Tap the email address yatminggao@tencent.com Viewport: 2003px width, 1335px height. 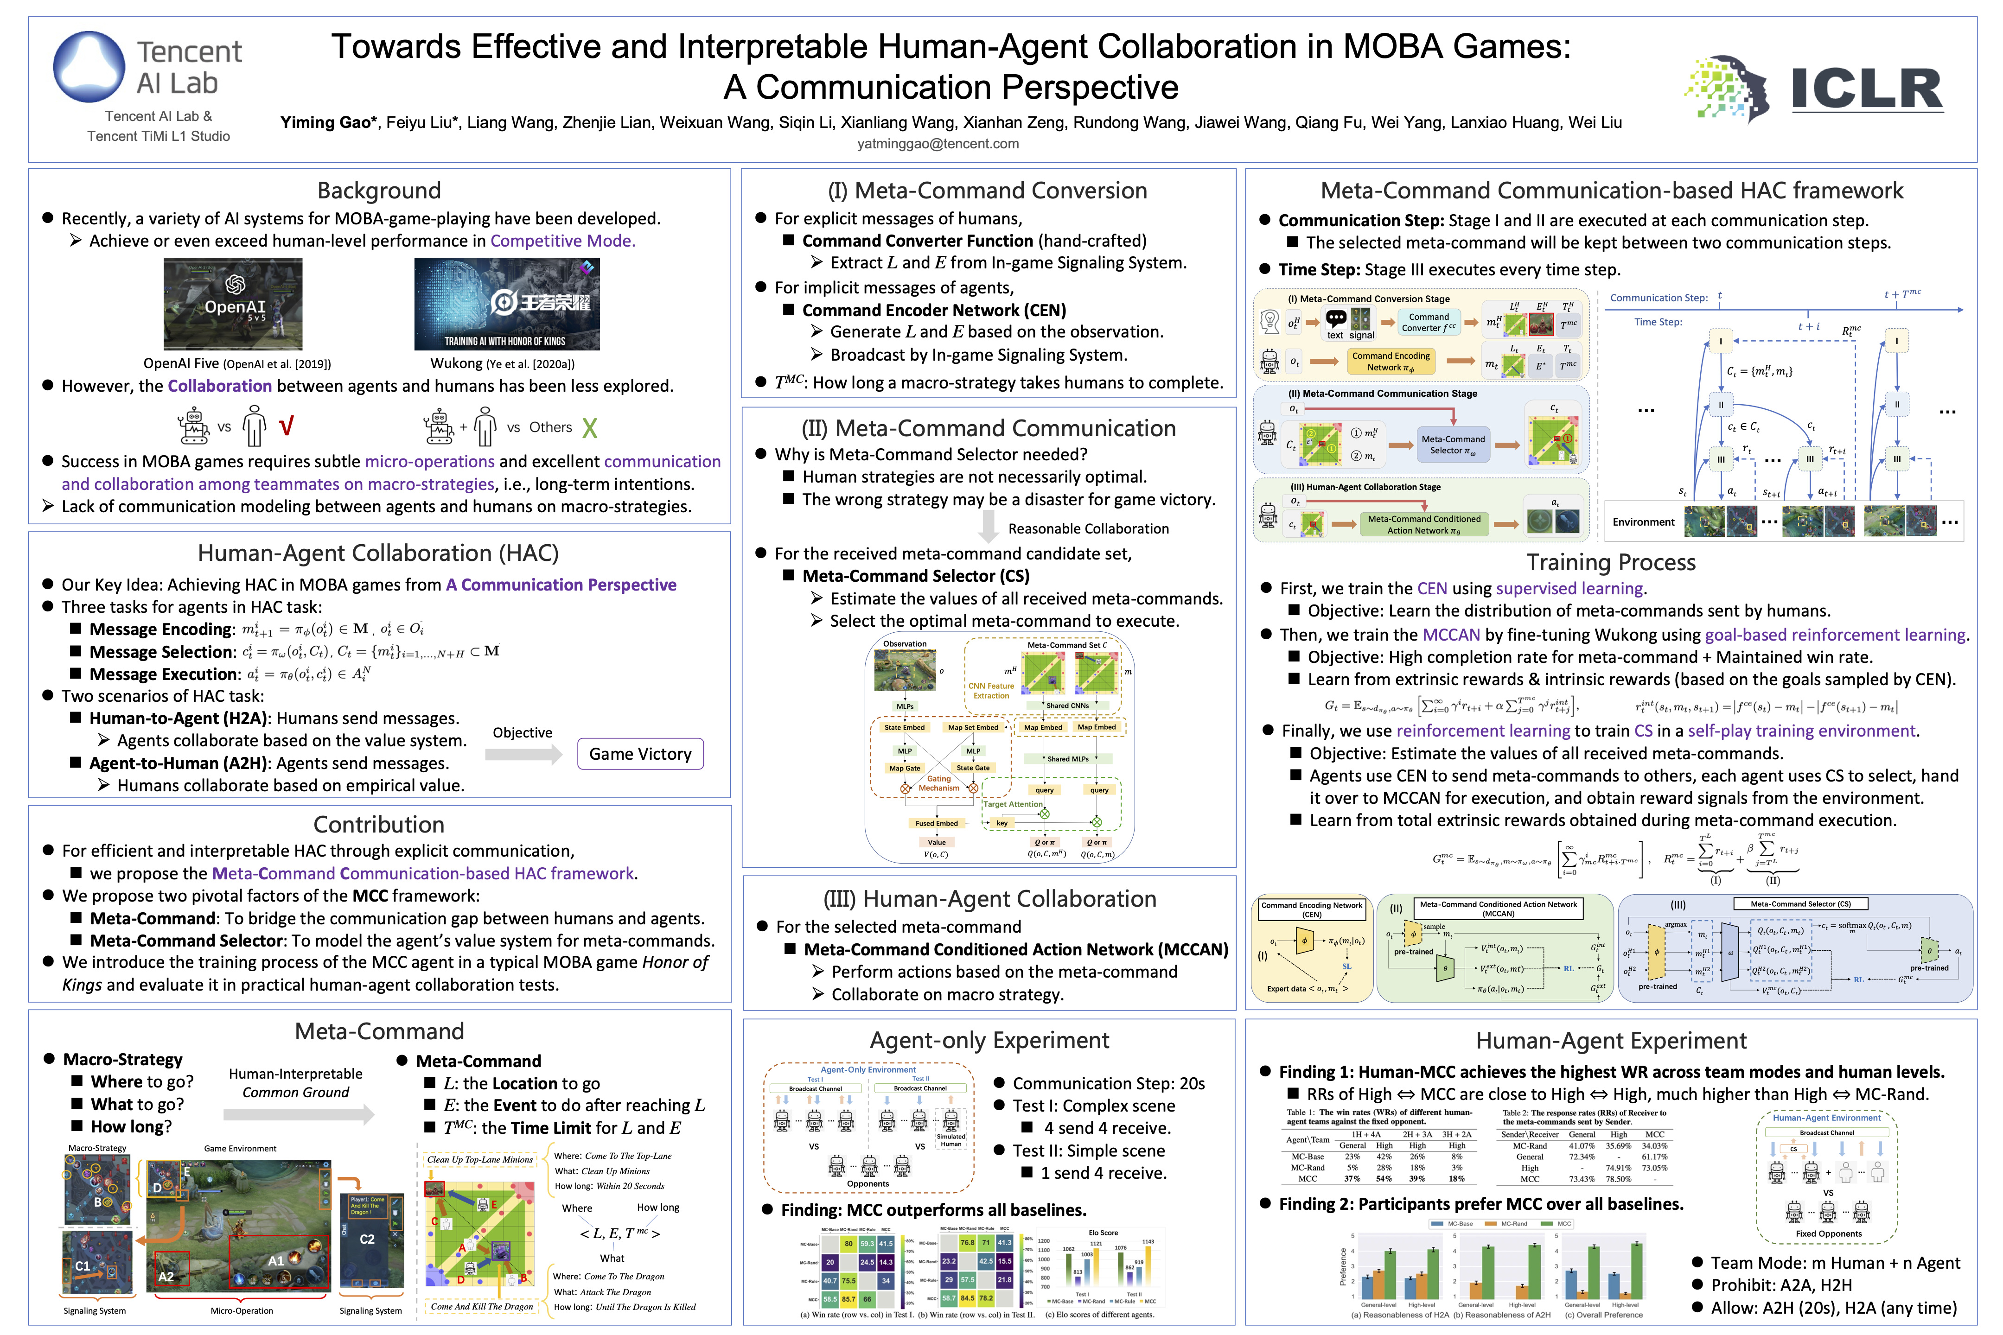pyautogui.click(x=938, y=143)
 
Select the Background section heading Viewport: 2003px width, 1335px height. pyautogui.click(x=379, y=190)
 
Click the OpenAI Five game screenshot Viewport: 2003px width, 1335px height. pyautogui.click(x=232, y=304)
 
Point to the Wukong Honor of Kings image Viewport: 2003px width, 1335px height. pyautogui.click(x=507, y=304)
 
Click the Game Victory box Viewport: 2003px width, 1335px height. pyautogui.click(x=640, y=754)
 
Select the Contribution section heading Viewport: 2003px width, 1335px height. pyautogui.click(x=379, y=824)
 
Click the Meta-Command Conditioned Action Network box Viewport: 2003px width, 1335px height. pyautogui.click(x=1424, y=524)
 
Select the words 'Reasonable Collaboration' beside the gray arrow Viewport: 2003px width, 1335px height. pyautogui.click(x=1088, y=529)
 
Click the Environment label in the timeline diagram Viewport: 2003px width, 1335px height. pyautogui.click(x=1643, y=522)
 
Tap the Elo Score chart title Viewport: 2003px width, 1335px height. pyautogui.click(x=1103, y=1232)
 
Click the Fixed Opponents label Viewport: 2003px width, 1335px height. pyautogui.click(x=1828, y=1233)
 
